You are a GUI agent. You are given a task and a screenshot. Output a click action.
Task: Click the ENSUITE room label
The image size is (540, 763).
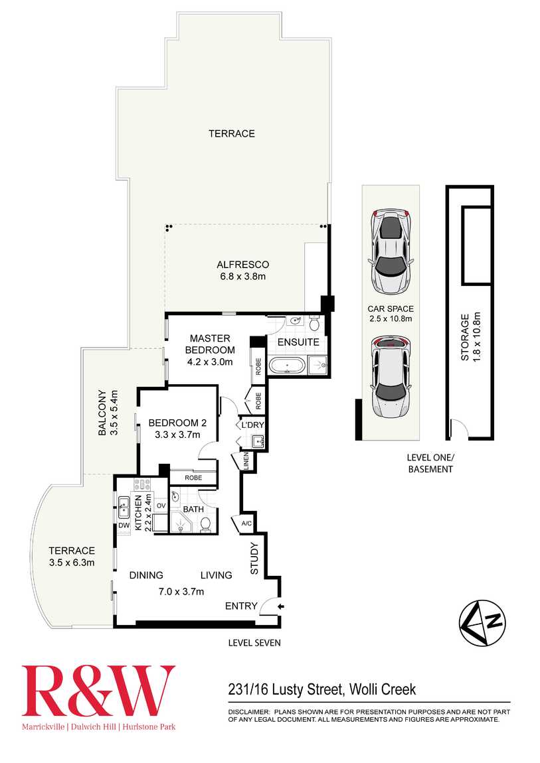(x=298, y=342)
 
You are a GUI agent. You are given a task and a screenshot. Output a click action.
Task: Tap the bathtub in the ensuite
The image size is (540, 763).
(x=286, y=364)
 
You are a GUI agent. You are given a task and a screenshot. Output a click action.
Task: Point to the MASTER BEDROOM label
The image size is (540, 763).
(x=210, y=344)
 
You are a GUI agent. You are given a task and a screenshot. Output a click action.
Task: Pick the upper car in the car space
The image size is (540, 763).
(x=392, y=251)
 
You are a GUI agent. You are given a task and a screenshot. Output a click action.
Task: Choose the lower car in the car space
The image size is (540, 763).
(x=391, y=378)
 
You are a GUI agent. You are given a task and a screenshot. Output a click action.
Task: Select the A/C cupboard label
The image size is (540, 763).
(x=246, y=523)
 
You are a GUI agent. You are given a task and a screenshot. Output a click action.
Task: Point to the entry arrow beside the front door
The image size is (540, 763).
(x=281, y=606)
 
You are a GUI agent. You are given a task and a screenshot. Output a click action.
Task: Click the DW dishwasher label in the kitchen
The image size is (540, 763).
(x=124, y=526)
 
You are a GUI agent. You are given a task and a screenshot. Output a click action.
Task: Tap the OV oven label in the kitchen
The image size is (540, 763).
(x=161, y=506)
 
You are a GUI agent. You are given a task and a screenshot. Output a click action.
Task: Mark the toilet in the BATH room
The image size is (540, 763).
(x=205, y=523)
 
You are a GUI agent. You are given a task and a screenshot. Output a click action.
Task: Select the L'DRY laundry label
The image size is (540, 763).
(x=252, y=424)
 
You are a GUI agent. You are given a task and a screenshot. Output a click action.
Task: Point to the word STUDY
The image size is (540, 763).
(x=254, y=559)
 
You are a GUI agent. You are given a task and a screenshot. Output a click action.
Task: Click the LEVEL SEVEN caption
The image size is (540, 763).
(x=254, y=642)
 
